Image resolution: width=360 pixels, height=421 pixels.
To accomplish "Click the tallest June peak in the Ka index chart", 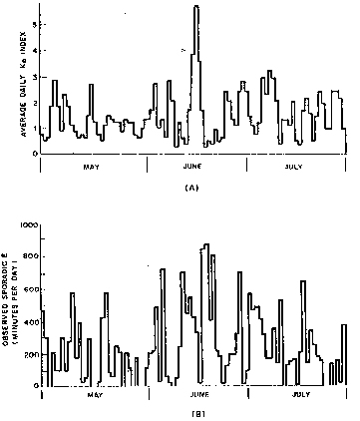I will click(196, 8).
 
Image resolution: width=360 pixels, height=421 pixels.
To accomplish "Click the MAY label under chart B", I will click(95, 395).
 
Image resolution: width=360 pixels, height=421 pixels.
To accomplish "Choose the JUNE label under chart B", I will click(197, 395).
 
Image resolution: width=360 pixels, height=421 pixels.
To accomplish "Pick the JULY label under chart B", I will click(299, 395).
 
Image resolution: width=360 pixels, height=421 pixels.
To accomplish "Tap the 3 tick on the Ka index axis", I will click(35, 76).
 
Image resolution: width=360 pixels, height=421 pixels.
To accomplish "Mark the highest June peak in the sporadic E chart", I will click(205, 245).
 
